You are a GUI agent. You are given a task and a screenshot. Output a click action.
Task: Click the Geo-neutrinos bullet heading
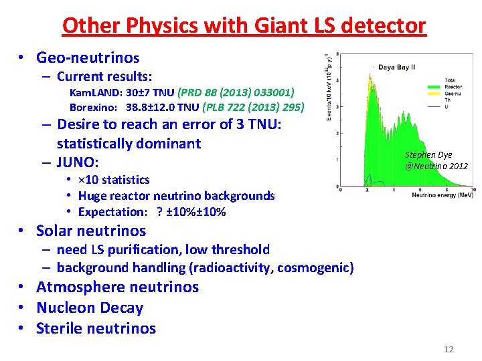(x=88, y=57)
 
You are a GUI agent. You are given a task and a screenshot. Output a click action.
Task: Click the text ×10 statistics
(x=114, y=180)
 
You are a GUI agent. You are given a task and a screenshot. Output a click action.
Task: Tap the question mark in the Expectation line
(x=159, y=212)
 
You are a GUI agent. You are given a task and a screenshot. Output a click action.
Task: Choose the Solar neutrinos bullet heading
(x=90, y=231)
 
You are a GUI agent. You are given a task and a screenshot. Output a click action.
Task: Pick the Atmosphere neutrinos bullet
(x=117, y=287)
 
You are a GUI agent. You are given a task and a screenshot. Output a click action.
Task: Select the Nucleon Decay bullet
(x=89, y=308)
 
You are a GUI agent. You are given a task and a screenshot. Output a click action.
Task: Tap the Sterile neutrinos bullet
(x=96, y=328)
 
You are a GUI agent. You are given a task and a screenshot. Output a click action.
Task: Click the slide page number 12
(x=449, y=349)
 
